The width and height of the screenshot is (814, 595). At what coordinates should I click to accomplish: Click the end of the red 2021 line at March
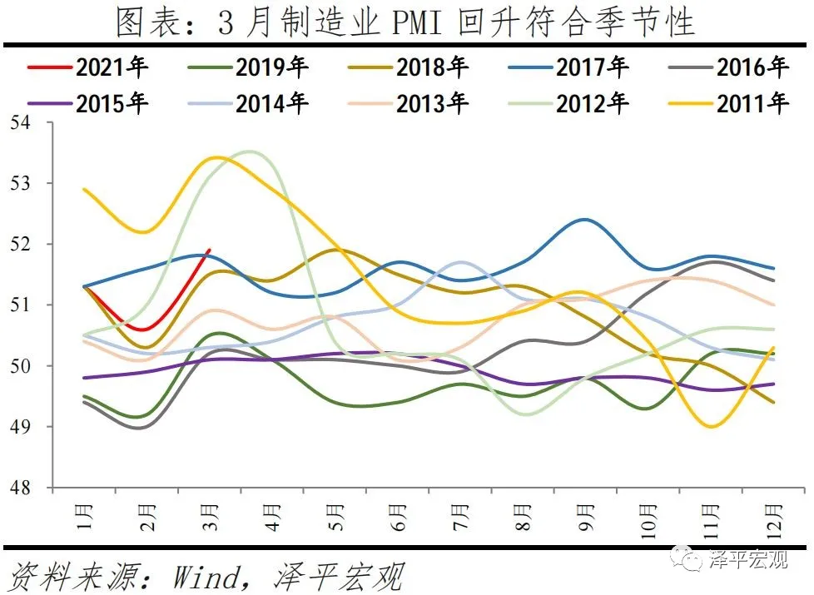pyautogui.click(x=210, y=250)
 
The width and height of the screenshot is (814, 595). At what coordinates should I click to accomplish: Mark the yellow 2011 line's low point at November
pyautogui.click(x=710, y=426)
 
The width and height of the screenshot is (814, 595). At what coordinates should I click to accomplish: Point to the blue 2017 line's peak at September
pyautogui.click(x=585, y=220)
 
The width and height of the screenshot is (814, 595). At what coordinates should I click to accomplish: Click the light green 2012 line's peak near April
pyautogui.click(x=247, y=151)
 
